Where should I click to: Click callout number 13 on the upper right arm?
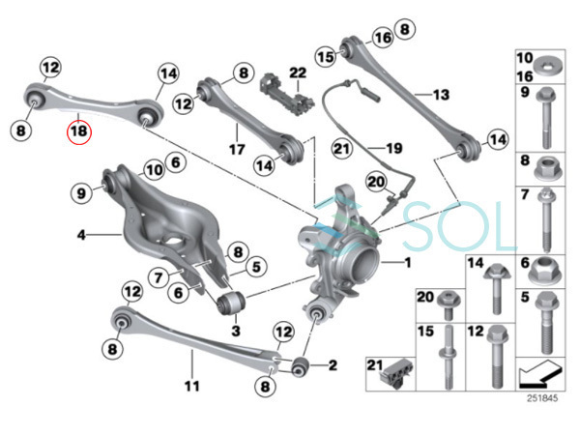[441, 95]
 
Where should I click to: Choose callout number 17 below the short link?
[232, 150]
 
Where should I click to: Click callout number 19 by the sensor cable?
[393, 148]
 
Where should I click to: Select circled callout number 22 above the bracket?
[297, 73]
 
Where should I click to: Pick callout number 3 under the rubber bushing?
[233, 329]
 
